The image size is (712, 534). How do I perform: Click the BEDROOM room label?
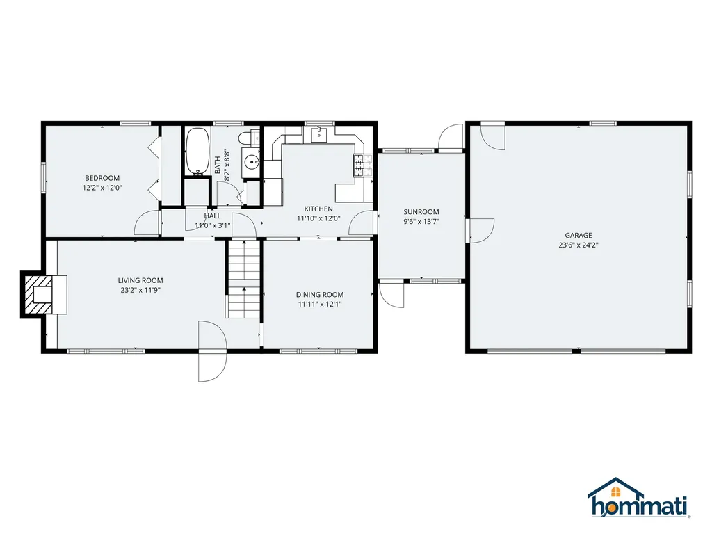(102, 178)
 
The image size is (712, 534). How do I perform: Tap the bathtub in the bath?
(197, 151)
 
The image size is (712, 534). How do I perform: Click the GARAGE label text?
(578, 235)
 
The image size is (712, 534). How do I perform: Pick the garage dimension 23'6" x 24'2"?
(578, 245)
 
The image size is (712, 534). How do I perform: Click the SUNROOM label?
(421, 212)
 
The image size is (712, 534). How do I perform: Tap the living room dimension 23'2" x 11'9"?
(140, 290)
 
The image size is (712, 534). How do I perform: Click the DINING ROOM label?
(319, 294)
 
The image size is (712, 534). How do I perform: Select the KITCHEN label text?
(318, 209)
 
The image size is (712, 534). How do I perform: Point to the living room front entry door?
(213, 351)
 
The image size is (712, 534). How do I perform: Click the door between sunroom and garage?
(480, 229)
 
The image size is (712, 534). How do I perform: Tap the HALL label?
(213, 216)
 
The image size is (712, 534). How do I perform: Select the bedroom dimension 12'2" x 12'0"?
(102, 188)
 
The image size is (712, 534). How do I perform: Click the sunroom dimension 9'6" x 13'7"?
(421, 222)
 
